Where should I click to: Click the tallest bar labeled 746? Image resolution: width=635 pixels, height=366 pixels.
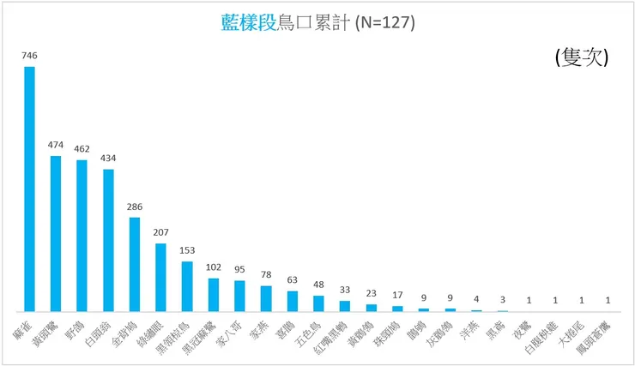(x=29, y=189)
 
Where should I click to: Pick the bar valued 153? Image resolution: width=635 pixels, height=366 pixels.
(x=187, y=286)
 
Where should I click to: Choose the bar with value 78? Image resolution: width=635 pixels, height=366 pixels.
(x=266, y=298)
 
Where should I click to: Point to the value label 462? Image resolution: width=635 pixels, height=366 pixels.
(x=82, y=149)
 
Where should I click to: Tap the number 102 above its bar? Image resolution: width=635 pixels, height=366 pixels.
(x=214, y=267)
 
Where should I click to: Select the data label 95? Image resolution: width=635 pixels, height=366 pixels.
(x=239, y=271)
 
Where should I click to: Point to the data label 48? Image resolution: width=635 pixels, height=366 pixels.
(x=318, y=286)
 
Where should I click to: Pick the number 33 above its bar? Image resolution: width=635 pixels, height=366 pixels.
(x=345, y=291)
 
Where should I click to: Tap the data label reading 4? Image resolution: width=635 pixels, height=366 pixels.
(x=476, y=300)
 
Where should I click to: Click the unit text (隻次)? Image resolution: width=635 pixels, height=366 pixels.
(x=582, y=57)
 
